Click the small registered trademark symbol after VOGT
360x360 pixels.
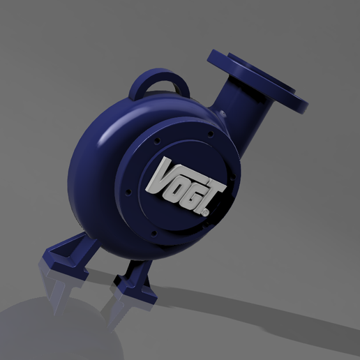click(207, 209)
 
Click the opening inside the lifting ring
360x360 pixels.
click(163, 85)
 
